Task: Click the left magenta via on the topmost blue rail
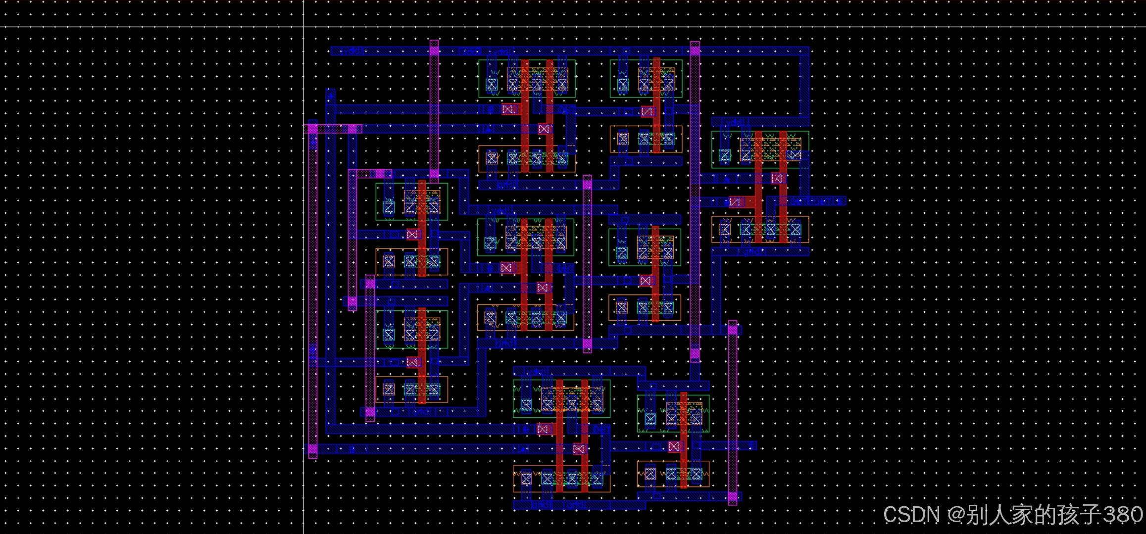pyautogui.click(x=434, y=50)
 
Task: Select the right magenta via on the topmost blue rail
pyautogui.click(x=695, y=50)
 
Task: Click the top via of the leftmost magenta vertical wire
pyautogui.click(x=313, y=129)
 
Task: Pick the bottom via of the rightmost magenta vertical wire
pyautogui.click(x=733, y=496)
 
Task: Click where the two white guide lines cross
pyautogui.click(x=303, y=27)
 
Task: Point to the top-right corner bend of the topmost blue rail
pyautogui.click(x=804, y=51)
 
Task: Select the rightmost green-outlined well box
pyautogui.click(x=760, y=149)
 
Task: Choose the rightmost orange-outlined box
pyautogui.click(x=760, y=230)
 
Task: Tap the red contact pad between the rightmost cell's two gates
pyautogui.click(x=778, y=178)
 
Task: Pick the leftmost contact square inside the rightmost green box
pyautogui.click(x=725, y=155)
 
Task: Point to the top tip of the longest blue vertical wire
pyautogui.click(x=330, y=92)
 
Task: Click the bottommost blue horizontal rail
pyautogui.click(x=579, y=505)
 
